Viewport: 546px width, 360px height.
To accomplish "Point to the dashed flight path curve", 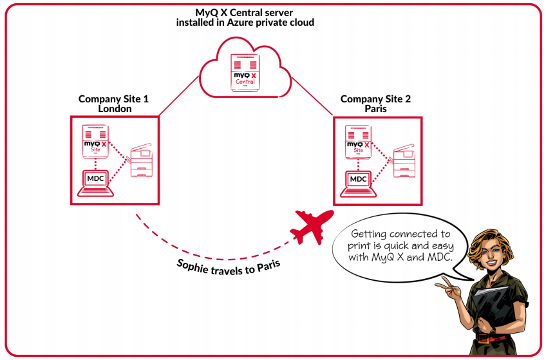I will [193, 248].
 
